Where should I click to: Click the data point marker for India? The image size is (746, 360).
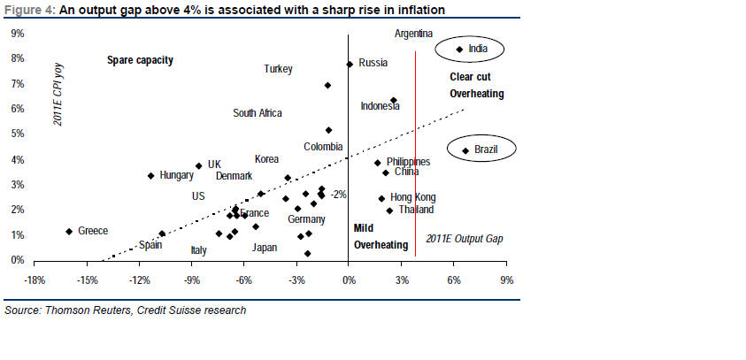[459, 50]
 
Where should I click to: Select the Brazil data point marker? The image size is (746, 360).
[465, 150]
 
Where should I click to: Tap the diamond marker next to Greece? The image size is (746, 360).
[69, 232]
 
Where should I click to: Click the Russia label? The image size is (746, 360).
[373, 63]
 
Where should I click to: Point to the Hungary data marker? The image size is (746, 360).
[151, 176]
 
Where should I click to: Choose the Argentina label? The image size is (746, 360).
[413, 34]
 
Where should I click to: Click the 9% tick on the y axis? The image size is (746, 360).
[17, 34]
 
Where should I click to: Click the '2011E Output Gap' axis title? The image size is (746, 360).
[464, 239]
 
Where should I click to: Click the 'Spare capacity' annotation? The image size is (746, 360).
[140, 60]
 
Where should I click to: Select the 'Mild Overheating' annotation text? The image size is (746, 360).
[381, 236]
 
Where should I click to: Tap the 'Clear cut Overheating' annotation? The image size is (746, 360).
[476, 85]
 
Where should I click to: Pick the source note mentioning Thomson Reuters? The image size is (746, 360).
[126, 310]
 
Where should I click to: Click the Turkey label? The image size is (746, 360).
[278, 69]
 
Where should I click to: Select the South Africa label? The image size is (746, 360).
[258, 113]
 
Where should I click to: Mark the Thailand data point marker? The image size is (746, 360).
[389, 211]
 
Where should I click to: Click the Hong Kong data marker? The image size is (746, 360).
[381, 199]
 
